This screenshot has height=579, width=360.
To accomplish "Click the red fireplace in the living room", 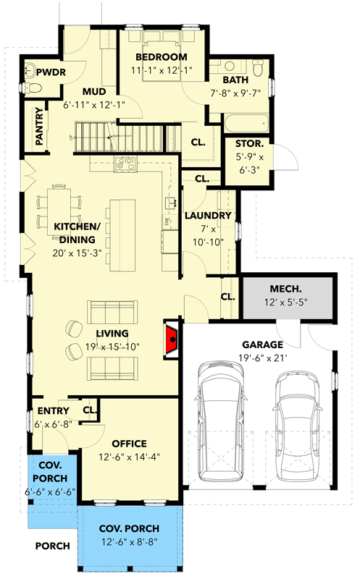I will (172, 338).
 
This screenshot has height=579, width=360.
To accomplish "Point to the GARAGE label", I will (262, 345).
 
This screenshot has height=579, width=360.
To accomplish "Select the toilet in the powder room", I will (34, 88).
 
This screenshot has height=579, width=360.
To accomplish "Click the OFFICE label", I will (130, 443).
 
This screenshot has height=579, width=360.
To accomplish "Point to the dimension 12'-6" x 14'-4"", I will (130, 456).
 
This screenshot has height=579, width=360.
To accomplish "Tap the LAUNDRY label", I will (208, 216).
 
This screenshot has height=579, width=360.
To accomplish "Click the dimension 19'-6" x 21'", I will (262, 357).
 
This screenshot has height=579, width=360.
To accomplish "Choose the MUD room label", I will (94, 91).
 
